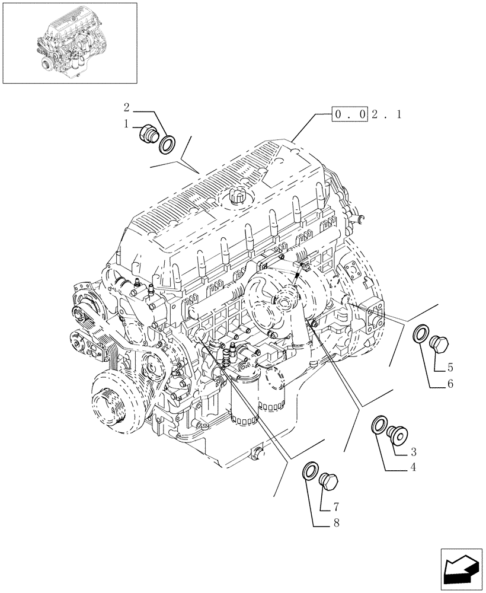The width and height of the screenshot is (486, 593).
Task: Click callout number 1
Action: point(126,124)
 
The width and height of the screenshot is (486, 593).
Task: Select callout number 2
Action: point(126,107)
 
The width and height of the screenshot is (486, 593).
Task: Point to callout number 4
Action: point(413,468)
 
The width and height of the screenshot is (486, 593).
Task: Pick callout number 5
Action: point(450,367)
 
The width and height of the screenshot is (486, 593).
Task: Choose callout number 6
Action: point(450,384)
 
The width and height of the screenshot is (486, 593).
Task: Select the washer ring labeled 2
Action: point(167,143)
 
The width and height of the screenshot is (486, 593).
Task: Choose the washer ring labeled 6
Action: point(420,334)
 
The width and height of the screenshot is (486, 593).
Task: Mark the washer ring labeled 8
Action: point(310,471)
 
